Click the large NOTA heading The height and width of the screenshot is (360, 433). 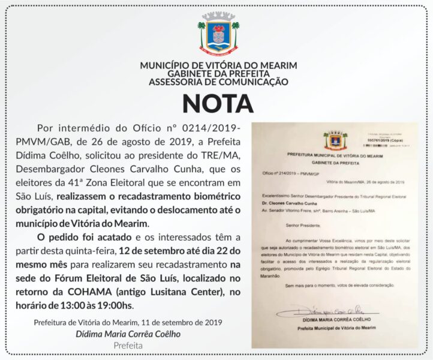click(x=218, y=103)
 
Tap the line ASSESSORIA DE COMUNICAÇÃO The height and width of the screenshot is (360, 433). click(x=218, y=82)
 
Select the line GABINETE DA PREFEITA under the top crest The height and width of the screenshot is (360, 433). click(x=218, y=74)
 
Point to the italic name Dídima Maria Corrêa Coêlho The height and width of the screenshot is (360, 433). click(x=128, y=334)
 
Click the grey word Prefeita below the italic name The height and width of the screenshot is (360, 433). click(x=128, y=346)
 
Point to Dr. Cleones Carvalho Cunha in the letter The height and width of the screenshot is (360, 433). click(x=294, y=204)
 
